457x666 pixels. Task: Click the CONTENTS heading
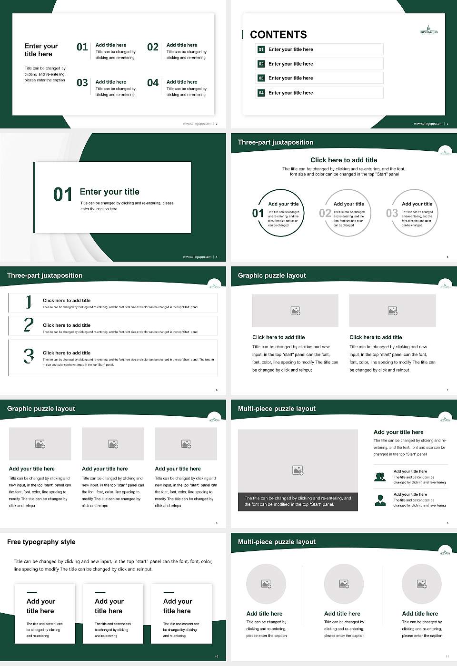point(278,35)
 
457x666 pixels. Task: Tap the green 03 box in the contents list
point(261,78)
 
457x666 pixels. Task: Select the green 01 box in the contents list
point(261,49)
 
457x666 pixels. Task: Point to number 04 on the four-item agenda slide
point(153,83)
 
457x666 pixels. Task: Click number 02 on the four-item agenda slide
point(153,47)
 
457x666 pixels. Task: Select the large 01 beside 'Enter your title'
point(63,195)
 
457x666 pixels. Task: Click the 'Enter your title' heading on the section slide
point(109,192)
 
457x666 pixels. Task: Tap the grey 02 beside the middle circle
point(325,213)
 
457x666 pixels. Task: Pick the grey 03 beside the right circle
point(392,213)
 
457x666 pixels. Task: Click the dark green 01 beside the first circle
point(258,213)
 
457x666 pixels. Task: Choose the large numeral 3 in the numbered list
point(29,356)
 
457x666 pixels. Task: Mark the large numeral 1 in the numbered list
point(29,302)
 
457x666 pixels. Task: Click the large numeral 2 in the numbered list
point(29,325)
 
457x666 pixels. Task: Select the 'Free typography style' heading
point(41,542)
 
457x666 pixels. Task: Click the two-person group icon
point(380,477)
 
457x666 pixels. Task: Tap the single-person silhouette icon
point(380,500)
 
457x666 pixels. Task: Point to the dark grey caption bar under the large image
point(298,501)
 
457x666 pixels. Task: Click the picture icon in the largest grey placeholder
point(298,470)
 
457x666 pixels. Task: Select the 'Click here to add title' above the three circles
point(344,160)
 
